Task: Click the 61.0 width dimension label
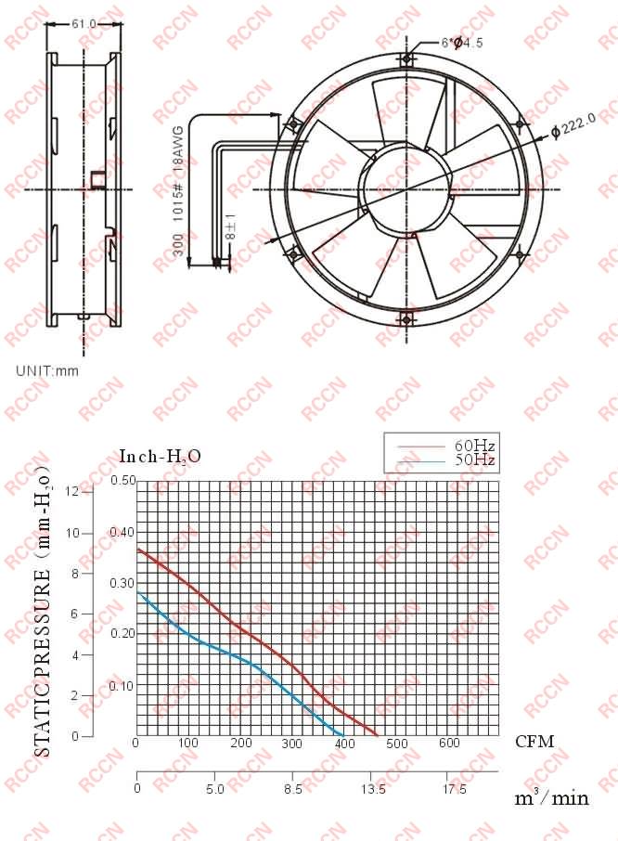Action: tap(84, 24)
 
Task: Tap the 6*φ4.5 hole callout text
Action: tap(462, 43)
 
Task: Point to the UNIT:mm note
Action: tap(47, 370)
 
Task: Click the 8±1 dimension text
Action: tap(230, 226)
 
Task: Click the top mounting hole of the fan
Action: tap(406, 58)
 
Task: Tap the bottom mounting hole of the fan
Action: tap(406, 320)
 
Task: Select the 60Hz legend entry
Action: tap(474, 446)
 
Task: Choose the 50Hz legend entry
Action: tap(474, 460)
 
